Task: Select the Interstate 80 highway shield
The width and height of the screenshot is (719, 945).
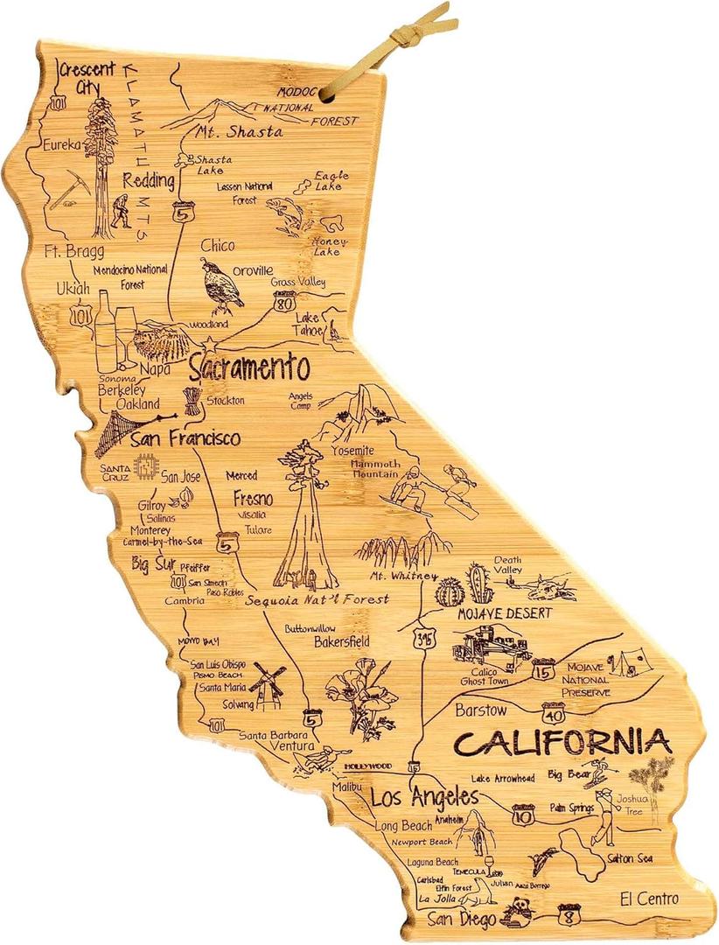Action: coord(284,303)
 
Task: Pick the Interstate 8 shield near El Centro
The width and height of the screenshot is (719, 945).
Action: coord(569,915)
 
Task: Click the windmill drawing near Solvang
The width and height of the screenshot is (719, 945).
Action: coord(268,682)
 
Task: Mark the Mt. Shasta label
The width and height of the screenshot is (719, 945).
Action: coord(240,131)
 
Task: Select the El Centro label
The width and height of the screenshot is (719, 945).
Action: coord(648,899)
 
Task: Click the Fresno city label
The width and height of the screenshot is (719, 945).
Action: coord(253,499)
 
